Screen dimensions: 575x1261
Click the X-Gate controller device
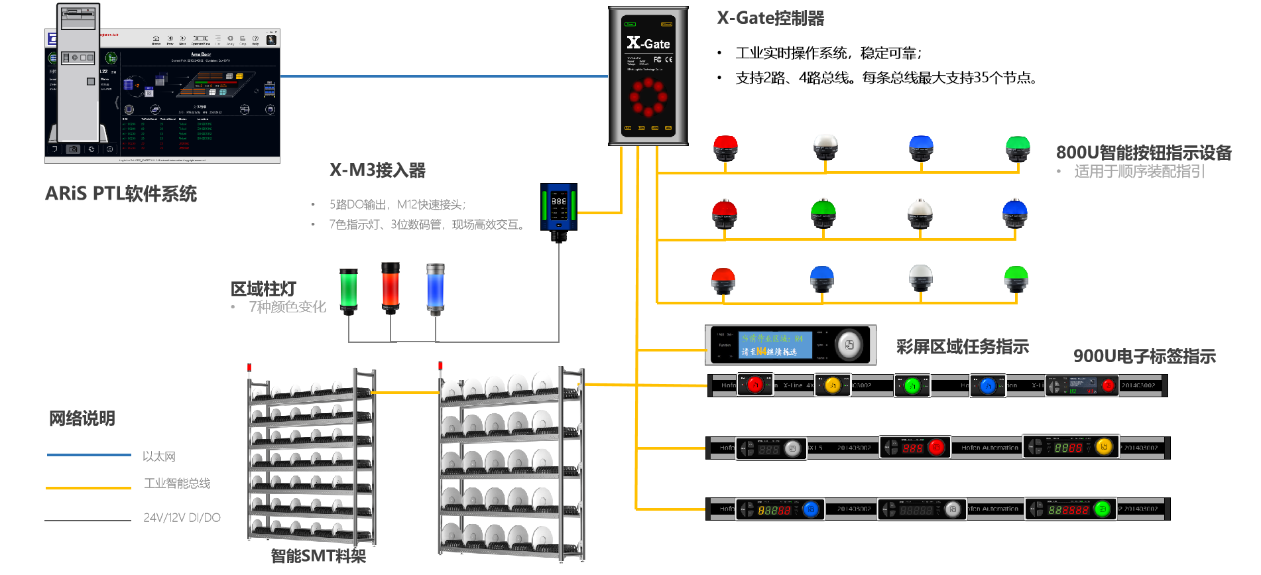(648, 76)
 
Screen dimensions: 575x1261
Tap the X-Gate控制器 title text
(770, 18)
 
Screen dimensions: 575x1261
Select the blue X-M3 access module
(559, 208)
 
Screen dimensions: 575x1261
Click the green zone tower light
(349, 289)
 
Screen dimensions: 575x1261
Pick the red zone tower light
(390, 286)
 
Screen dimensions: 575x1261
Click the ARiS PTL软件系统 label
(121, 194)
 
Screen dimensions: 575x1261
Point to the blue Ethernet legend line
(89, 455)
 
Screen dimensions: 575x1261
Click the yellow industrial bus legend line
(89, 488)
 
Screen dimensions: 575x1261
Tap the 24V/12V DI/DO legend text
(182, 517)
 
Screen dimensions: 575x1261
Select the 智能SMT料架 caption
(318, 556)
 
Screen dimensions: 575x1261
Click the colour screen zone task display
(790, 345)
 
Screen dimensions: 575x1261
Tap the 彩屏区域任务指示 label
(962, 347)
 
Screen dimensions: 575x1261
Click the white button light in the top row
(825, 147)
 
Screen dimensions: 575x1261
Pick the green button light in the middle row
(823, 214)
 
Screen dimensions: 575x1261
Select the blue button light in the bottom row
(822, 279)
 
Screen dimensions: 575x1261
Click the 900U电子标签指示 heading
(1144, 356)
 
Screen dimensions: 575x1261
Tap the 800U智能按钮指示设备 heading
(1144, 153)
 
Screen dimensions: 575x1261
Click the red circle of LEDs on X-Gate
(648, 97)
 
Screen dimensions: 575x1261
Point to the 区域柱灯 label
(263, 289)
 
